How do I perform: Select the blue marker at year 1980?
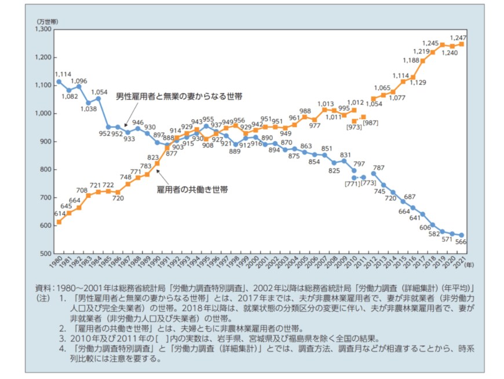[x=59, y=82]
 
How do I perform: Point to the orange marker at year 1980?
[x=59, y=222]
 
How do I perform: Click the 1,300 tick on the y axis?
[x=43, y=29]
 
